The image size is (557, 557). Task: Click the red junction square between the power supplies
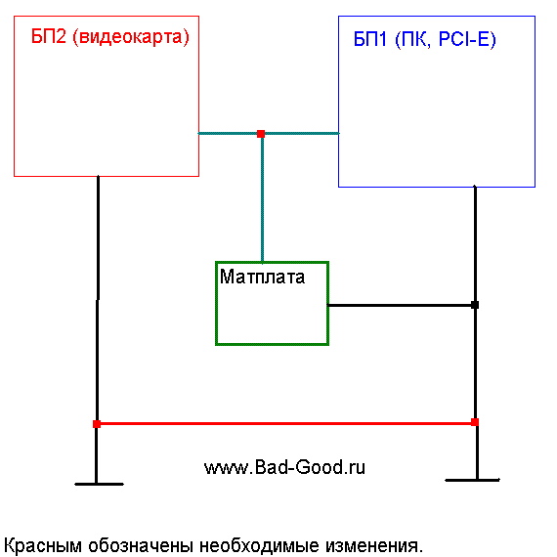(x=261, y=134)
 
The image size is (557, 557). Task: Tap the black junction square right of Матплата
(x=475, y=305)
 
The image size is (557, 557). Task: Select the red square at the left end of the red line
(x=97, y=424)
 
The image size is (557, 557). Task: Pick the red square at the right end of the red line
(x=475, y=422)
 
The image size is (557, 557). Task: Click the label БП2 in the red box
(x=49, y=36)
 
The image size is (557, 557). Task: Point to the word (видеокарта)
(x=131, y=37)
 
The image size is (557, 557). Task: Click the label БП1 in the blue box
(x=369, y=39)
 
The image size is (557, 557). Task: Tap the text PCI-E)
(x=467, y=40)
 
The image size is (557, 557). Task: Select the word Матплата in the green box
(x=262, y=277)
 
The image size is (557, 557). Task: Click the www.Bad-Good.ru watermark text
(x=284, y=467)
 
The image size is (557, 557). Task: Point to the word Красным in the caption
(x=43, y=545)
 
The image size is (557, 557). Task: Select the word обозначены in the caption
(x=141, y=545)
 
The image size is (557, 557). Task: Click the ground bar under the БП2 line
(x=99, y=484)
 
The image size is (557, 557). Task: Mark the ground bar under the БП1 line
(x=472, y=480)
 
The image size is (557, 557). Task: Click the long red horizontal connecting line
(x=285, y=423)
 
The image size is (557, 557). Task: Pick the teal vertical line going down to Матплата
(x=262, y=198)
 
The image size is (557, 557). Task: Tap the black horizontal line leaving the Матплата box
(x=401, y=305)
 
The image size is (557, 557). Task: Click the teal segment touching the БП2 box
(x=228, y=134)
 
